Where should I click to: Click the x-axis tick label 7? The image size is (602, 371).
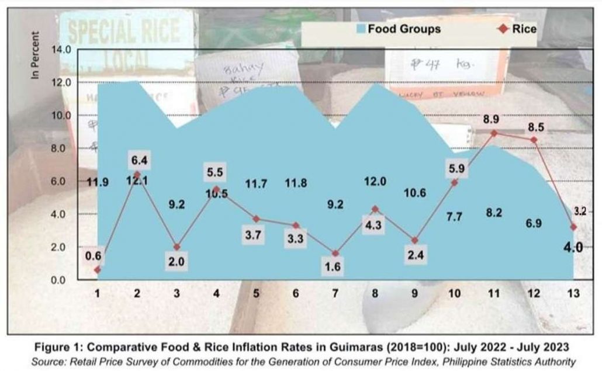tap(335, 293)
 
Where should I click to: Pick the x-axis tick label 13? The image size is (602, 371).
tap(573, 293)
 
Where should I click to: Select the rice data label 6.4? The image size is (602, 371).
tap(137, 158)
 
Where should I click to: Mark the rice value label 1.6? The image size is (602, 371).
tap(335, 267)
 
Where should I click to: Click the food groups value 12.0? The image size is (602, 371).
tap(375, 182)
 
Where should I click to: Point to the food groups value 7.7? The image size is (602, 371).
tap(454, 217)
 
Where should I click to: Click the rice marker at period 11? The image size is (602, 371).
tap(494, 133)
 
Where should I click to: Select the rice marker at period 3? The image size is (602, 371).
tap(177, 247)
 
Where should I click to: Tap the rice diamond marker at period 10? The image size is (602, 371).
tap(455, 182)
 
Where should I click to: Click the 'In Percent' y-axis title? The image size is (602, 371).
tap(37, 59)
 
